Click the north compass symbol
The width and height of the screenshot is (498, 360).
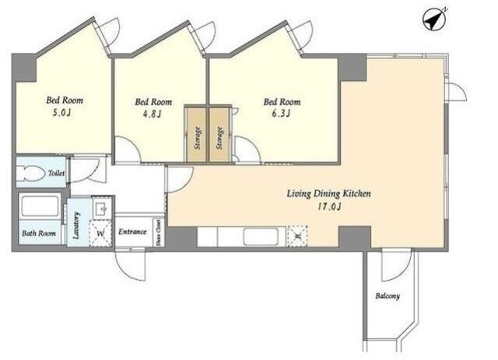[435, 19]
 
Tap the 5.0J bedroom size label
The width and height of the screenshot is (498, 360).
[63, 113]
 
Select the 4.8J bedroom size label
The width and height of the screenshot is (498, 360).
[153, 114]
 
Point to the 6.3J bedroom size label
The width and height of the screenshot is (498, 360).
[281, 114]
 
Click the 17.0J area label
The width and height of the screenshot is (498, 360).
[329, 207]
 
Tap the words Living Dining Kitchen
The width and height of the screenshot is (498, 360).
[328, 194]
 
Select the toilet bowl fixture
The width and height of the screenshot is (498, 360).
[30, 173]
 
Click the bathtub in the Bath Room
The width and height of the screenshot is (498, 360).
[40, 206]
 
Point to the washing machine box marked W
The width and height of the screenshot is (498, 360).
[100, 233]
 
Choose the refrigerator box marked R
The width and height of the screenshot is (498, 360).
[297, 236]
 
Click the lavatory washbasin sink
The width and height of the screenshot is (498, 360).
[102, 208]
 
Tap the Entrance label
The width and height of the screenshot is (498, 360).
[132, 232]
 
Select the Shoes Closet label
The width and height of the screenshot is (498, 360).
[159, 233]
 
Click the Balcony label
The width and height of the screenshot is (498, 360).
[388, 296]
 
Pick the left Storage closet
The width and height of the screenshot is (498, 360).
[197, 135]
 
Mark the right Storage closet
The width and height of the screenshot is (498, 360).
[219, 135]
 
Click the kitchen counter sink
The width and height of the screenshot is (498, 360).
[260, 236]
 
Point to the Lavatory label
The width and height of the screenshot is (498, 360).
[76, 225]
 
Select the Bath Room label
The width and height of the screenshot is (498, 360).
[39, 233]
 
